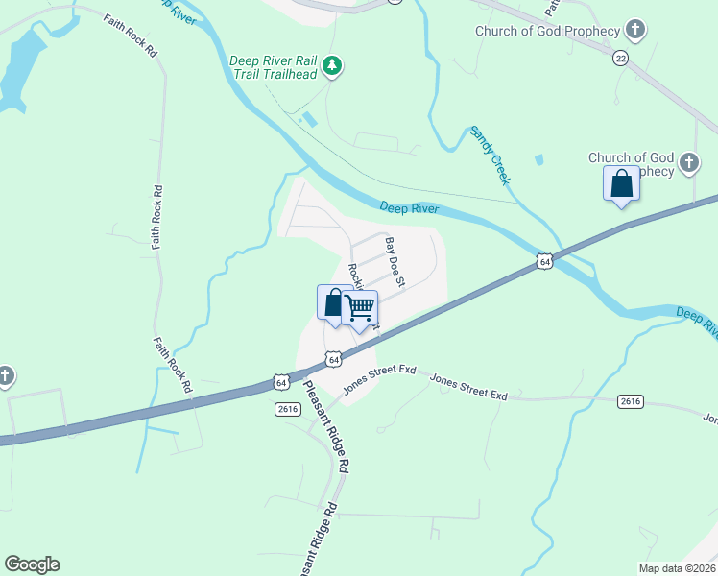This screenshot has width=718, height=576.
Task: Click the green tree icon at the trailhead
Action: (x=332, y=65)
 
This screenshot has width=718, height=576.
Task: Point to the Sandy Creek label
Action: (x=489, y=155)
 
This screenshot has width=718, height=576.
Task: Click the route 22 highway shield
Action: (x=621, y=58)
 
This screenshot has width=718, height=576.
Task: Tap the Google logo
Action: (x=32, y=564)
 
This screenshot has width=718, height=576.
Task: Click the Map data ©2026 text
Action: (x=676, y=567)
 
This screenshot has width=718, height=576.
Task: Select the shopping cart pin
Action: (x=359, y=309)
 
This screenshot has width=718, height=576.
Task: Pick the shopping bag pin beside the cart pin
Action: (x=332, y=303)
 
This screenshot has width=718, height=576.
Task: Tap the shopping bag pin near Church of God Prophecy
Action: (x=621, y=183)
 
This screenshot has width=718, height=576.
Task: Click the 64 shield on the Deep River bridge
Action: (x=544, y=261)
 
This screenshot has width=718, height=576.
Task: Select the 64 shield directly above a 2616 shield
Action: (x=280, y=382)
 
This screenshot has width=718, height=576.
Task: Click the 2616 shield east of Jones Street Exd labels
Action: (x=630, y=401)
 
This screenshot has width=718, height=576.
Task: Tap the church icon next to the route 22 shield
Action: (x=634, y=31)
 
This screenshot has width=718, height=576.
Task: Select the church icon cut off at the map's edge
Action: (x=5, y=375)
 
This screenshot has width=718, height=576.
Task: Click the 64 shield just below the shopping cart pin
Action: (x=332, y=358)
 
